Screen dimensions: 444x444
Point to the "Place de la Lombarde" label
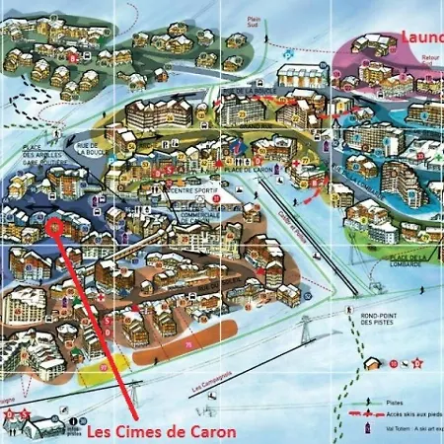coord(399,259)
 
